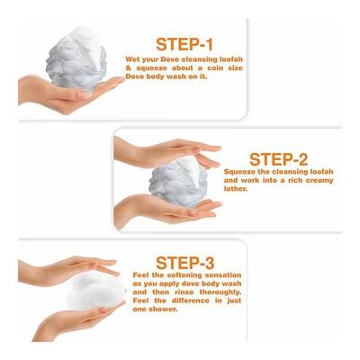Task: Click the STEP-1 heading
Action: coord(184,44)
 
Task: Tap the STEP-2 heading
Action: coord(279,159)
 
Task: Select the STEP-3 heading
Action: coord(185,263)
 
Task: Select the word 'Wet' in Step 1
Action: coord(132,59)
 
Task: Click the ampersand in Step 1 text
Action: coord(129,68)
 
